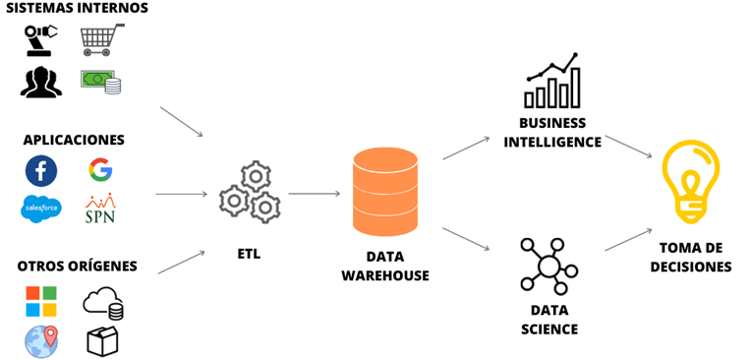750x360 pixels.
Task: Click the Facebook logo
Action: pyautogui.click(x=41, y=171)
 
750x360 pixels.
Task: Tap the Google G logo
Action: pyautogui.click(x=100, y=169)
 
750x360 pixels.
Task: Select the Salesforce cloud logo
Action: pyautogui.click(x=41, y=209)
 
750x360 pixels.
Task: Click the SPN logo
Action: pyautogui.click(x=100, y=209)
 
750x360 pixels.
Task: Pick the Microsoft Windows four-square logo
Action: pyautogui.click(x=41, y=301)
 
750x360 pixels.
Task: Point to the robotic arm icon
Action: pyautogui.click(x=40, y=40)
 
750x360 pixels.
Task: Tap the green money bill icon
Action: pyautogui.click(x=100, y=82)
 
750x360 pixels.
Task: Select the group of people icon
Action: pyautogui.click(x=41, y=83)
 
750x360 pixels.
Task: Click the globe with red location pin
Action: pyautogui.click(x=41, y=341)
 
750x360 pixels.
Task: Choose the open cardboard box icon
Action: pyautogui.click(x=102, y=341)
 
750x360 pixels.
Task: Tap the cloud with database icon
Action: pyautogui.click(x=103, y=303)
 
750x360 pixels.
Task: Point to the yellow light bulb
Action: pyautogui.click(x=691, y=182)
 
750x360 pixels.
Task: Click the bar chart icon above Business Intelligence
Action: pyautogui.click(x=553, y=81)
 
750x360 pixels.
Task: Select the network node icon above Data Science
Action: pyautogui.click(x=548, y=266)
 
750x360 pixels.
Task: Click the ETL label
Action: pyautogui.click(x=250, y=254)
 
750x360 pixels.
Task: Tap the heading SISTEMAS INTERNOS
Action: pyautogui.click(x=77, y=8)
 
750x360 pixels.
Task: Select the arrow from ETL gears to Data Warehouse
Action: pyautogui.click(x=315, y=194)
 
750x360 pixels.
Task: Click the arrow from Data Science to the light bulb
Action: pyautogui.click(x=628, y=239)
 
